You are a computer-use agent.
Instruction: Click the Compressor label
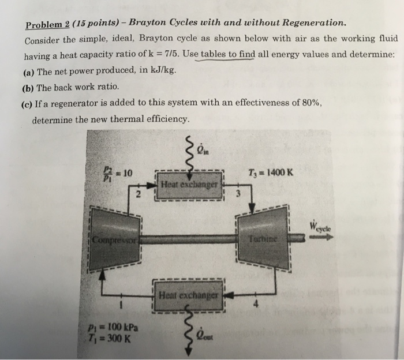point(113,238)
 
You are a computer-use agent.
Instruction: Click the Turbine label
point(263,238)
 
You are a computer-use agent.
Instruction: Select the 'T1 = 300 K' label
point(114,337)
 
